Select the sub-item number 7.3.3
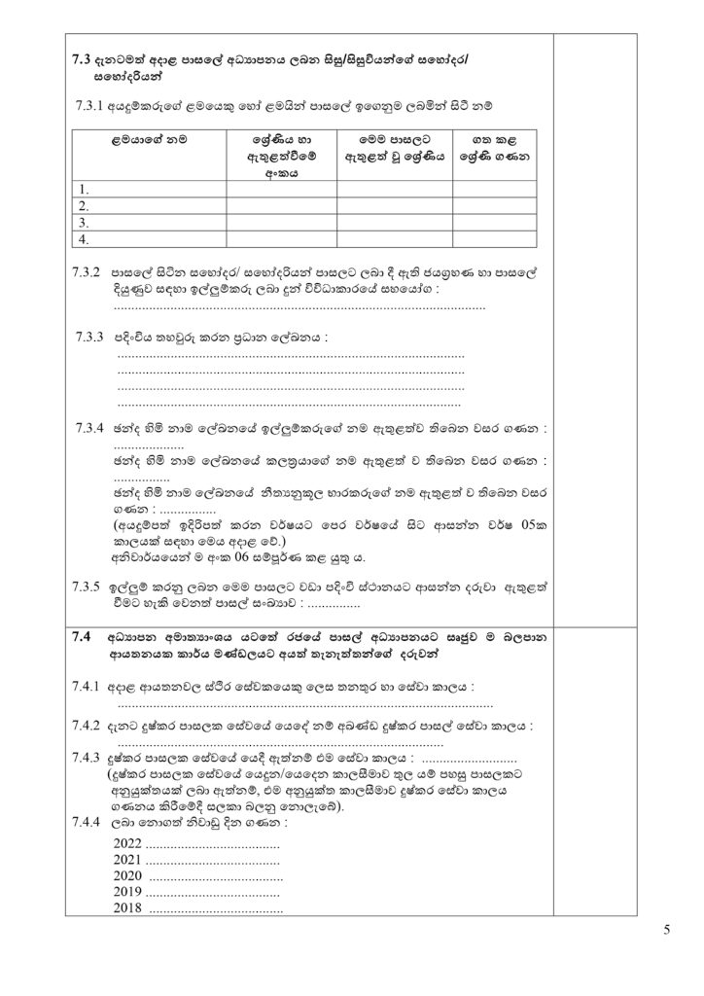point(89,337)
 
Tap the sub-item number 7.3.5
point(88,587)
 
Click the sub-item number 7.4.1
point(88,687)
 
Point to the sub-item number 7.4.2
point(88,726)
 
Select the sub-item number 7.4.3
point(88,758)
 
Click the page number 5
point(667,930)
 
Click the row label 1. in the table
point(85,190)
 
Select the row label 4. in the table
point(85,238)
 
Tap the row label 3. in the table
point(85,222)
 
